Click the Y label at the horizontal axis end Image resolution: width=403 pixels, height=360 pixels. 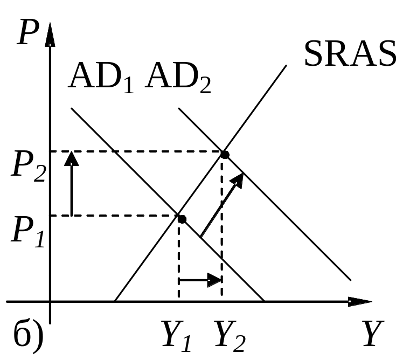coord(370,335)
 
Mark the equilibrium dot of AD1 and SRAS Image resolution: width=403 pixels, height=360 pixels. coord(182,219)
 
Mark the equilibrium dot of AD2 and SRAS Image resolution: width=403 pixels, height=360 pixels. coord(225,155)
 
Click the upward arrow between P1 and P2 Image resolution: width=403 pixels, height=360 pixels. coord(71,183)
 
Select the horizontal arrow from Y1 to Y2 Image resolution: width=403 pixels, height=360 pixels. coord(200,280)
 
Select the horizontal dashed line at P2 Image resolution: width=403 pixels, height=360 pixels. coord(135,151)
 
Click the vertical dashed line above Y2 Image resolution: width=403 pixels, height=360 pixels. coord(222,226)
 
